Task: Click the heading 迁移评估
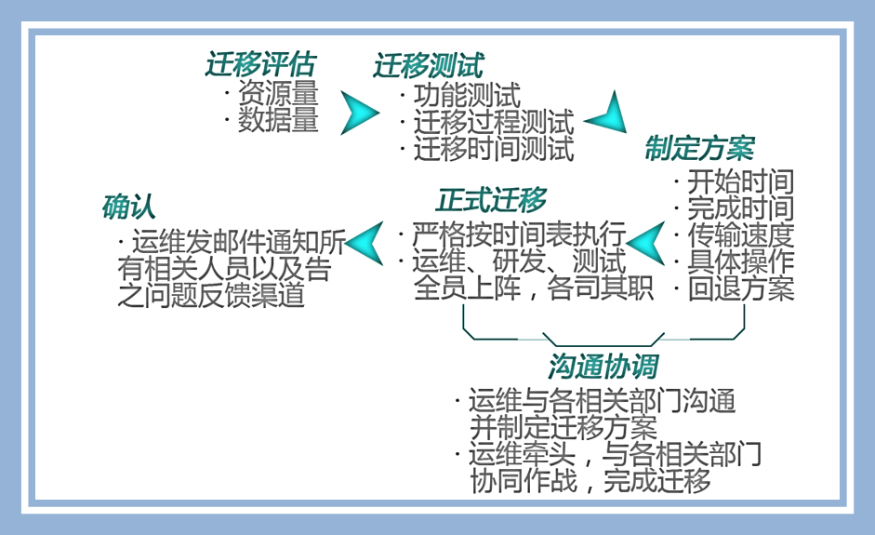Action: pos(260,64)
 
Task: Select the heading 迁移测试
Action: pos(429,65)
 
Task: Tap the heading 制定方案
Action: pos(700,148)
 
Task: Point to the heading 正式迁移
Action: pos(491,200)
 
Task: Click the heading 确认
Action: pos(128,207)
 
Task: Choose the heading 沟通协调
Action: pos(603,366)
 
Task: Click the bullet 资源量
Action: pos(277,93)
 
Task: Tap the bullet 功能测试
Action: pos(466,95)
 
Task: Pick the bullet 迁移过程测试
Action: pos(493,122)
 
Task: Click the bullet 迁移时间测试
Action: pos(493,148)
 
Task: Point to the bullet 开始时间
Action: pos(740,181)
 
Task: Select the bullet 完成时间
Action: pos(740,208)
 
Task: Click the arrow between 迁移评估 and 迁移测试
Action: pos(358,114)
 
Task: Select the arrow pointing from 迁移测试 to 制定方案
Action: pos(608,114)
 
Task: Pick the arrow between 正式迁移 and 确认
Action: pos(365,243)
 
